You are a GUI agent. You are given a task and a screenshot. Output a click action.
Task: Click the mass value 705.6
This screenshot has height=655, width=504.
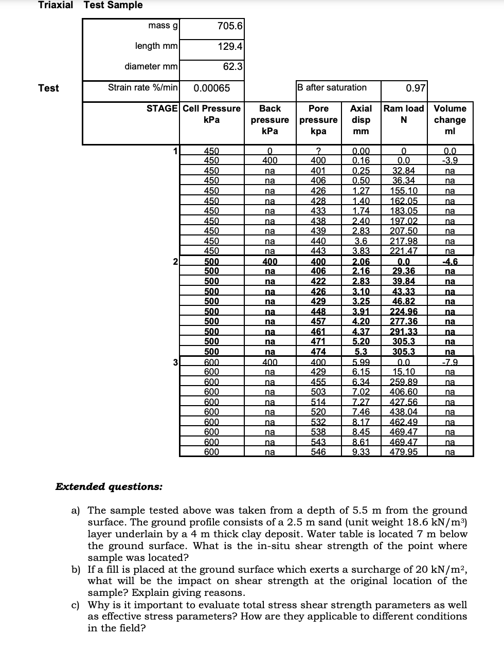(230, 26)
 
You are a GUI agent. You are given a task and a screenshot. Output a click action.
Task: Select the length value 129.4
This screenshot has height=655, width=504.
(230, 46)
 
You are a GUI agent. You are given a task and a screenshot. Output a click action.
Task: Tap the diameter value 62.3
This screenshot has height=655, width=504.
(232, 66)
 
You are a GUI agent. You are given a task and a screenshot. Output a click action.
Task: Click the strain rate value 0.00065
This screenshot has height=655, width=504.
(211, 88)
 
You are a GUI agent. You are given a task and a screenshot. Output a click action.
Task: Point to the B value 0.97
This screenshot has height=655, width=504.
(415, 88)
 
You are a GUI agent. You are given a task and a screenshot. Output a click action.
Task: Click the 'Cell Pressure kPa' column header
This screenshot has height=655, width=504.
(211, 114)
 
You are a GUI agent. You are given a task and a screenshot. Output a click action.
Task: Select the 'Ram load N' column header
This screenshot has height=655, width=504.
(404, 114)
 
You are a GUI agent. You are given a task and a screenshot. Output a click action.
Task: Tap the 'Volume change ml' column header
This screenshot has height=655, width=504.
(449, 119)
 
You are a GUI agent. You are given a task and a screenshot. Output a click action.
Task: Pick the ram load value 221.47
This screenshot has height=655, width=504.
(403, 251)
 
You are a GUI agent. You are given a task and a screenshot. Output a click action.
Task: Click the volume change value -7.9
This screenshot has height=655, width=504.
(449, 362)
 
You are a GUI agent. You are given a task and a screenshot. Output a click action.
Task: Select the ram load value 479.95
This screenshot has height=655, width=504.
(403, 452)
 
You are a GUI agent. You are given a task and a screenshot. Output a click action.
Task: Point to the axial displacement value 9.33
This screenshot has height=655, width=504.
(361, 452)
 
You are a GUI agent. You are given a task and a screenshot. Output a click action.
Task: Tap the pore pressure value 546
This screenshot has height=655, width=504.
(318, 452)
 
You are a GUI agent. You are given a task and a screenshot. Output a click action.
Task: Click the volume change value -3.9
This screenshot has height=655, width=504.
(449, 160)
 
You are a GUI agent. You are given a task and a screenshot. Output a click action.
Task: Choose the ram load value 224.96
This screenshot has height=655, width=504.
(403, 312)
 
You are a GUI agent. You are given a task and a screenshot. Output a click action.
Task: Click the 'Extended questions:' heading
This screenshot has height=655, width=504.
(109, 486)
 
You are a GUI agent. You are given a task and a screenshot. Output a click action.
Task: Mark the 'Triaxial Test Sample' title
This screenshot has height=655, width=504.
(91, 5)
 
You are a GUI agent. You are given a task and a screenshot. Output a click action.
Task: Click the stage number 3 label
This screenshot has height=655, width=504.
(175, 362)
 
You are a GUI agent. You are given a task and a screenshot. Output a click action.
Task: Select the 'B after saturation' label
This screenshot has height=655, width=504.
(333, 87)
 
